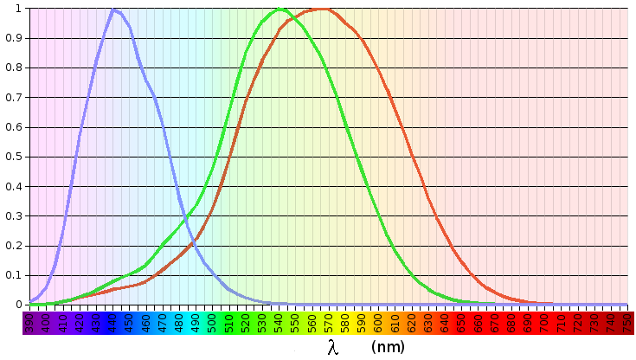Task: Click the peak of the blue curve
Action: (x=113, y=10)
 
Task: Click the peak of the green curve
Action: (x=279, y=10)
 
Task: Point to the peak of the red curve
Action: (x=321, y=10)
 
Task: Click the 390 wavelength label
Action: (x=29, y=322)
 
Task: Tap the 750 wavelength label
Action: (x=626, y=322)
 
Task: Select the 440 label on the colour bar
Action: (x=112, y=322)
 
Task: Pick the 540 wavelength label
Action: (x=279, y=322)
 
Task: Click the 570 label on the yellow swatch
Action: (x=328, y=322)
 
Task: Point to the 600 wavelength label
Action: (x=378, y=322)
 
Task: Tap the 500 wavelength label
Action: (x=212, y=322)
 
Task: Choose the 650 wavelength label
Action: (x=461, y=322)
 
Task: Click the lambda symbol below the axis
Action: (x=333, y=347)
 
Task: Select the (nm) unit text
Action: (x=387, y=347)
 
